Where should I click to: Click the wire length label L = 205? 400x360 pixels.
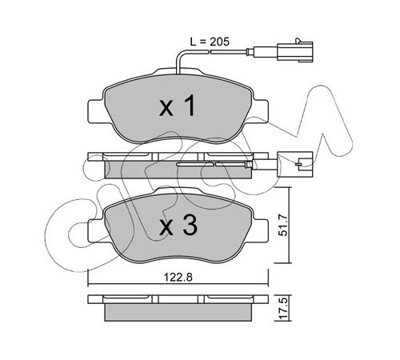(x=210, y=42)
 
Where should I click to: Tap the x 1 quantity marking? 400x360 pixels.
(x=178, y=106)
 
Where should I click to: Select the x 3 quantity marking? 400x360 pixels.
(x=178, y=226)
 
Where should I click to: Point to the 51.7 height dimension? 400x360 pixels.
(x=284, y=226)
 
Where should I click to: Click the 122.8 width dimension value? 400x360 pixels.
(x=178, y=278)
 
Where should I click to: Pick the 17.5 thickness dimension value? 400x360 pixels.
(x=284, y=308)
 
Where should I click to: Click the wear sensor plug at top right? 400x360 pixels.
(x=295, y=50)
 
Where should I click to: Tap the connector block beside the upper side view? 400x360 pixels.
(x=295, y=164)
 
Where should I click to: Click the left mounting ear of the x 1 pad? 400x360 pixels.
(x=96, y=111)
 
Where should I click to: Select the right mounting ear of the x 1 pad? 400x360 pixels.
(x=260, y=111)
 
